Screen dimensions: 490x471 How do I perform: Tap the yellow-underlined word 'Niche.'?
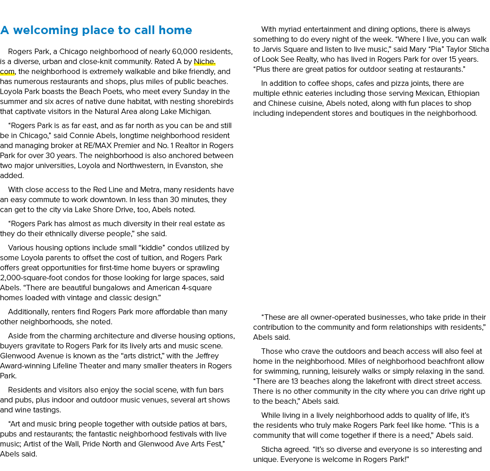tap(205, 62)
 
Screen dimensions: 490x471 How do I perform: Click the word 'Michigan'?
tap(195, 112)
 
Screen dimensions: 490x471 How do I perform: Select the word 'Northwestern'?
tap(141, 166)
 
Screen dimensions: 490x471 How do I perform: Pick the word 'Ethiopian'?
tap(463, 94)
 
